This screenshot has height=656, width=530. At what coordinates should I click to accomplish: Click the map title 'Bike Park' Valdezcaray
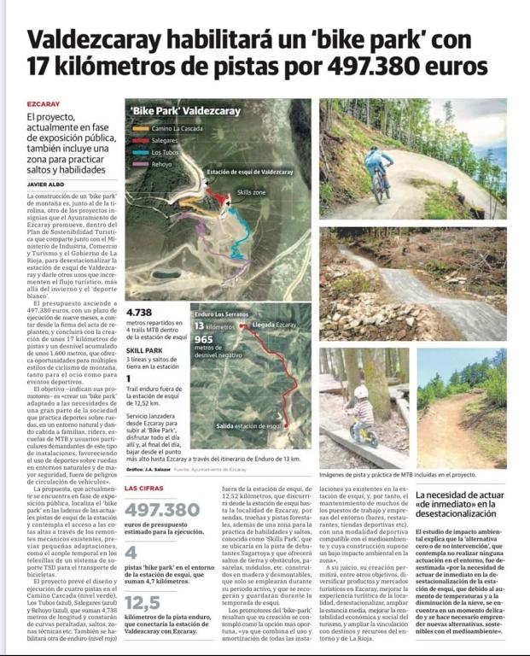185,111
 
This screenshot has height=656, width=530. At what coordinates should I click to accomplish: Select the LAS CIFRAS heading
145,488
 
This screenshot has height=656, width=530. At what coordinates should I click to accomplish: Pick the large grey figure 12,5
143,602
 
